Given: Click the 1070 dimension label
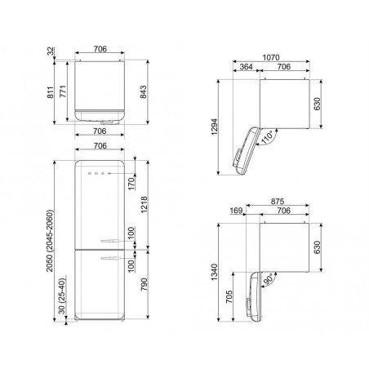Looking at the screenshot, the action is click(271, 57).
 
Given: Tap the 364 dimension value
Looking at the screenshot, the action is click(247, 67).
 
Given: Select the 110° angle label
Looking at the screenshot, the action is click(267, 137).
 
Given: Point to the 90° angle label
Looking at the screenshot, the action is click(269, 279).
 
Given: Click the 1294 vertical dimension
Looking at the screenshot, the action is click(215, 127).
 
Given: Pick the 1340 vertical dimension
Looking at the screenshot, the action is click(215, 272).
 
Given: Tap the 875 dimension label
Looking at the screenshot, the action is click(278, 202).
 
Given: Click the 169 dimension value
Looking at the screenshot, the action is click(236, 211).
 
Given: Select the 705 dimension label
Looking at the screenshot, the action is click(229, 296).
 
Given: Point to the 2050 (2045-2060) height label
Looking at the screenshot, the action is click(50, 241).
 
